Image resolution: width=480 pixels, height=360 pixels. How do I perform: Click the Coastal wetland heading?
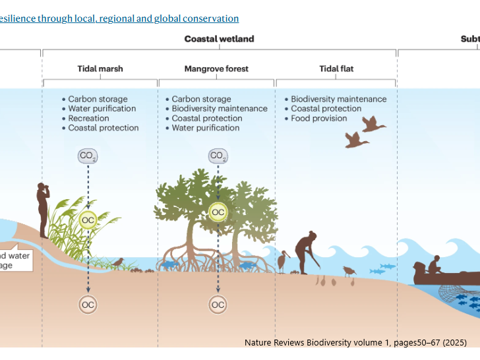point(219,39)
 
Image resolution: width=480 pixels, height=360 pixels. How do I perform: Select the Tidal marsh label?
point(100,69)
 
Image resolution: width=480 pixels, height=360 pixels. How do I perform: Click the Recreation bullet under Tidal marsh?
point(88,119)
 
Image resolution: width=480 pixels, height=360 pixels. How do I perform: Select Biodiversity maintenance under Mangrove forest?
point(220,109)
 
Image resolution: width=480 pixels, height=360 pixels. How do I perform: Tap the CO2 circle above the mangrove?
point(218,156)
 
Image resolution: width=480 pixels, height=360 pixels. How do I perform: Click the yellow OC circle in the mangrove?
point(218,212)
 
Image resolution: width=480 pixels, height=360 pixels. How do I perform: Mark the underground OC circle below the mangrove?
point(218,304)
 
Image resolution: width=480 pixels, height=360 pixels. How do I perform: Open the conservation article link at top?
point(119,18)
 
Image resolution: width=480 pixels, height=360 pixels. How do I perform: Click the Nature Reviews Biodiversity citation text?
point(355,342)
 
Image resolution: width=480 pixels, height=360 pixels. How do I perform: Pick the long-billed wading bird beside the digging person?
point(284,261)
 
